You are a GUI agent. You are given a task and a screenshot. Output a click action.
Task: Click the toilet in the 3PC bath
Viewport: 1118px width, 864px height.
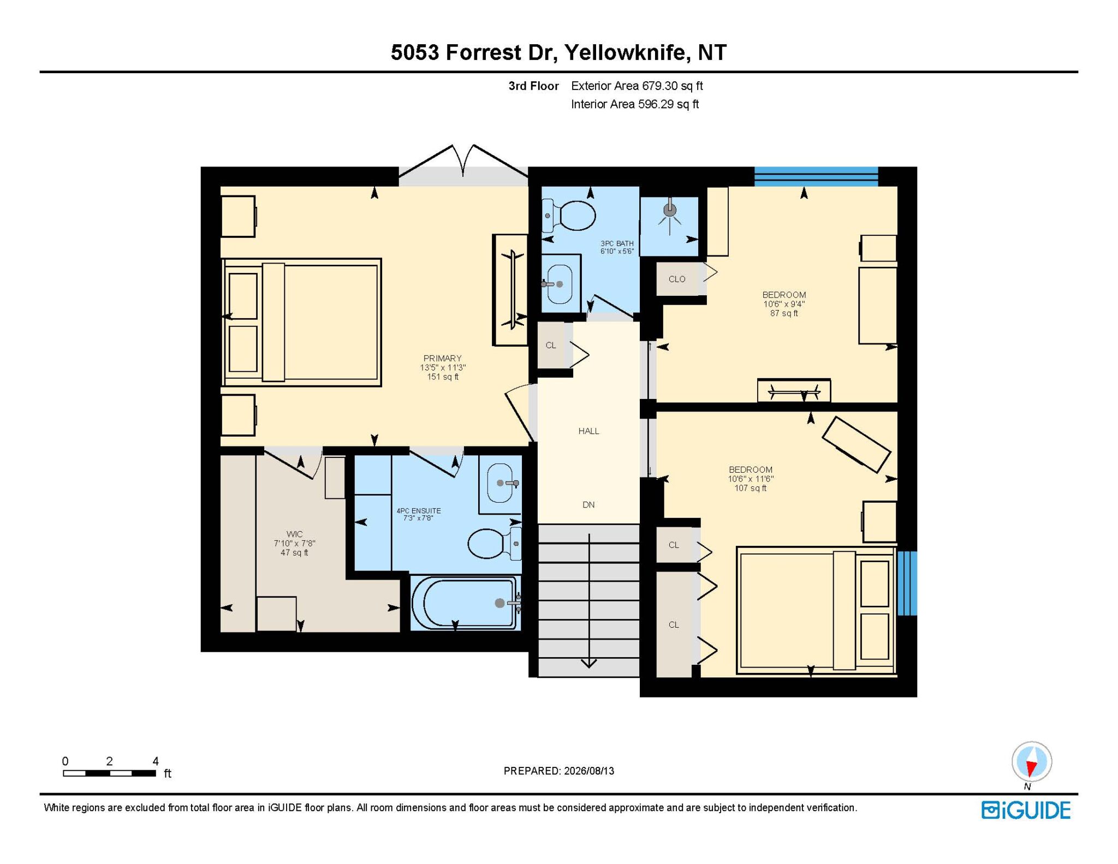pos(569,215)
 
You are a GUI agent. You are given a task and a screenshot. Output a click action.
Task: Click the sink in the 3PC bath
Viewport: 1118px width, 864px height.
pos(558,284)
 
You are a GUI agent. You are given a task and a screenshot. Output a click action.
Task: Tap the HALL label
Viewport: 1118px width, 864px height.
pos(588,431)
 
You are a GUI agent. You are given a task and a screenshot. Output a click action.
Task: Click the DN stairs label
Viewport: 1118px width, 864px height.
pos(588,505)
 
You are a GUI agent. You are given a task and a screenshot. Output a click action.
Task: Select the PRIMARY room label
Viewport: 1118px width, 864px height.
pos(442,359)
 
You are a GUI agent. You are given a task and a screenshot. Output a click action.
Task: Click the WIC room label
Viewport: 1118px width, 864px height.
pos(294,534)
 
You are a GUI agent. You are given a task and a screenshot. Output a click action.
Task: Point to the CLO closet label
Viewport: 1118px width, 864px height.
pos(677,279)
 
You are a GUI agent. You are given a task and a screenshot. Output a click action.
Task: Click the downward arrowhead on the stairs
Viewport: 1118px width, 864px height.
pos(589,663)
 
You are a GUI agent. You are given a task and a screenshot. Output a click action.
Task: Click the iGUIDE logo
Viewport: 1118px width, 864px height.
pos(1026,811)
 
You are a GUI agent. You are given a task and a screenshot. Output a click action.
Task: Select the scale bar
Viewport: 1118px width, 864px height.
pos(109,773)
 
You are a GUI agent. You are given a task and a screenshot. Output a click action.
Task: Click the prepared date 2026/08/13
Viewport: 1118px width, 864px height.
pos(589,771)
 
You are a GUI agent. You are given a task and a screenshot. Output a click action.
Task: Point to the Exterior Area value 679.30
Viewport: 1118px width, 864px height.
pos(659,86)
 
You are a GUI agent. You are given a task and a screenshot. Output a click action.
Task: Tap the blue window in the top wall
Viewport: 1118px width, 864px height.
pos(816,177)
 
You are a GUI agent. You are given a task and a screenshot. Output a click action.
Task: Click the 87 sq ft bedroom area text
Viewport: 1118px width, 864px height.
pos(784,313)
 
